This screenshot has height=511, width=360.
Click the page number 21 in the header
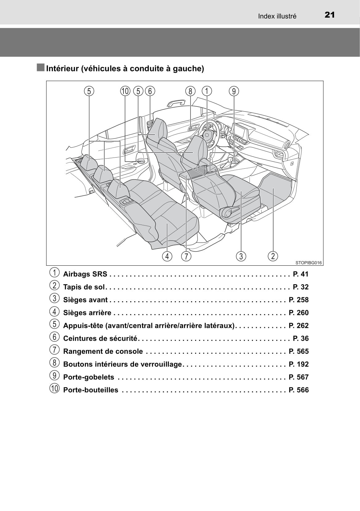330,15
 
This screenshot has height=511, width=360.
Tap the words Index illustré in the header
277,16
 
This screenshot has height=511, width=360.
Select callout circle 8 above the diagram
190,91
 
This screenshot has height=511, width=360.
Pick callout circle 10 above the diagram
125,91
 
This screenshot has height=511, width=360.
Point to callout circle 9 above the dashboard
234,91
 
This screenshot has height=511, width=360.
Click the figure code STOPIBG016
308,263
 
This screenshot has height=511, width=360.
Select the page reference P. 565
299,351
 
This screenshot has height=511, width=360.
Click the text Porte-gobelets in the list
89,377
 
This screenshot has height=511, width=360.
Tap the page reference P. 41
301,274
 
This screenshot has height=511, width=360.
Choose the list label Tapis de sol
84,287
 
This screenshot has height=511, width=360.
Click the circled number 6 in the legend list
54,337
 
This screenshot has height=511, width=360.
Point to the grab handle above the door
176,103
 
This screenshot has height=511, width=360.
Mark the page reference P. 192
299,364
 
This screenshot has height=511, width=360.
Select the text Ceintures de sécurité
100,338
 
